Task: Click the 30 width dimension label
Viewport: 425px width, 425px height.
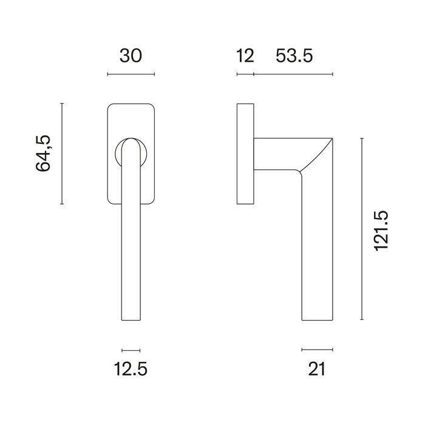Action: click(131, 56)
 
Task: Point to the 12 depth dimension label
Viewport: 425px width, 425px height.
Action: click(245, 56)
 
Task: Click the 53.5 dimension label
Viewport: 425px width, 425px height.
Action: click(294, 56)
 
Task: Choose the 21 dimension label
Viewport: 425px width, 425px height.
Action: click(317, 368)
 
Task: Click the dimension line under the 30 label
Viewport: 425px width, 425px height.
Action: click(131, 75)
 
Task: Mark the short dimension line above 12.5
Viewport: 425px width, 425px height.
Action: click(131, 350)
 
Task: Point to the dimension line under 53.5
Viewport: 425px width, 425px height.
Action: click(293, 75)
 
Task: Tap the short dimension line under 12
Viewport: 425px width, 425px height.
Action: click(245, 75)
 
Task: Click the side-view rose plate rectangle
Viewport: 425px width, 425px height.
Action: click(245, 154)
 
